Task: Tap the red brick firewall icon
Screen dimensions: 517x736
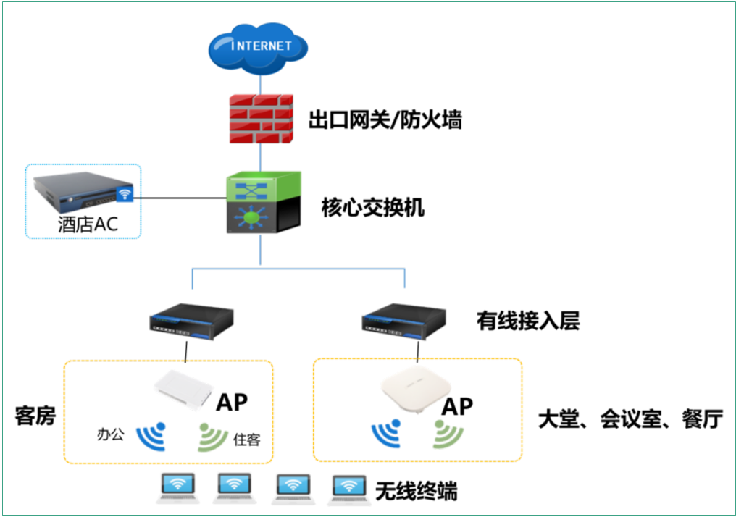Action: (x=259, y=119)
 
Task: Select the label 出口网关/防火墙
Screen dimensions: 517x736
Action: (x=385, y=120)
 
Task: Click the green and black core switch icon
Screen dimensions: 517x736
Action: (x=262, y=202)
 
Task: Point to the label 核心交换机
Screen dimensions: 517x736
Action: (x=372, y=209)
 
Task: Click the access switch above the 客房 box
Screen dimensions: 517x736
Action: (x=191, y=322)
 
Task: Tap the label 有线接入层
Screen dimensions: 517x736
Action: (x=527, y=320)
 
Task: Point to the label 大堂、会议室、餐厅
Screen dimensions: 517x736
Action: (x=630, y=419)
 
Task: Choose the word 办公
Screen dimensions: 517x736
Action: (x=110, y=434)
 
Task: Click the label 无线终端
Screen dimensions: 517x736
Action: (x=416, y=492)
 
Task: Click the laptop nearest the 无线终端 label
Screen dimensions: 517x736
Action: (x=348, y=488)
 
